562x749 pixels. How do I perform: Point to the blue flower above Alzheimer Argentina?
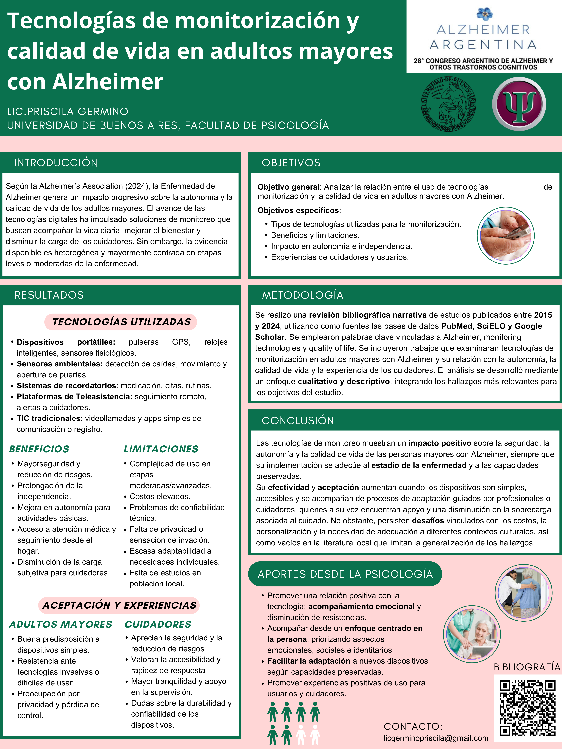coord(484,14)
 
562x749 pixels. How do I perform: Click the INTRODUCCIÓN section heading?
coord(56,163)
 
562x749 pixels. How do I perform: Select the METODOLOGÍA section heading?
coord(302,295)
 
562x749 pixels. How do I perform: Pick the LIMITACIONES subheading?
coord(161,449)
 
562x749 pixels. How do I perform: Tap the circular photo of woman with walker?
coord(523,593)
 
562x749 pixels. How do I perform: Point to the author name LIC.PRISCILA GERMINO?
coord(68,111)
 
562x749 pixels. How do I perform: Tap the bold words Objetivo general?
coord(288,187)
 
